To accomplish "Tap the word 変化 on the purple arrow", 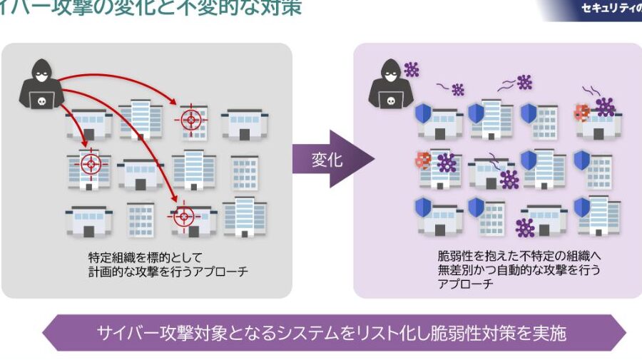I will point(327,160).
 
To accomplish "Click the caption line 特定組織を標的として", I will point(146,257).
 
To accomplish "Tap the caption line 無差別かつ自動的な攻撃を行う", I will point(519,270).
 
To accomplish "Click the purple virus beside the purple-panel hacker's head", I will point(412,69).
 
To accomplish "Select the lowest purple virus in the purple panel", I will point(526,228).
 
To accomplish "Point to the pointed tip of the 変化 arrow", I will point(374,159).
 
